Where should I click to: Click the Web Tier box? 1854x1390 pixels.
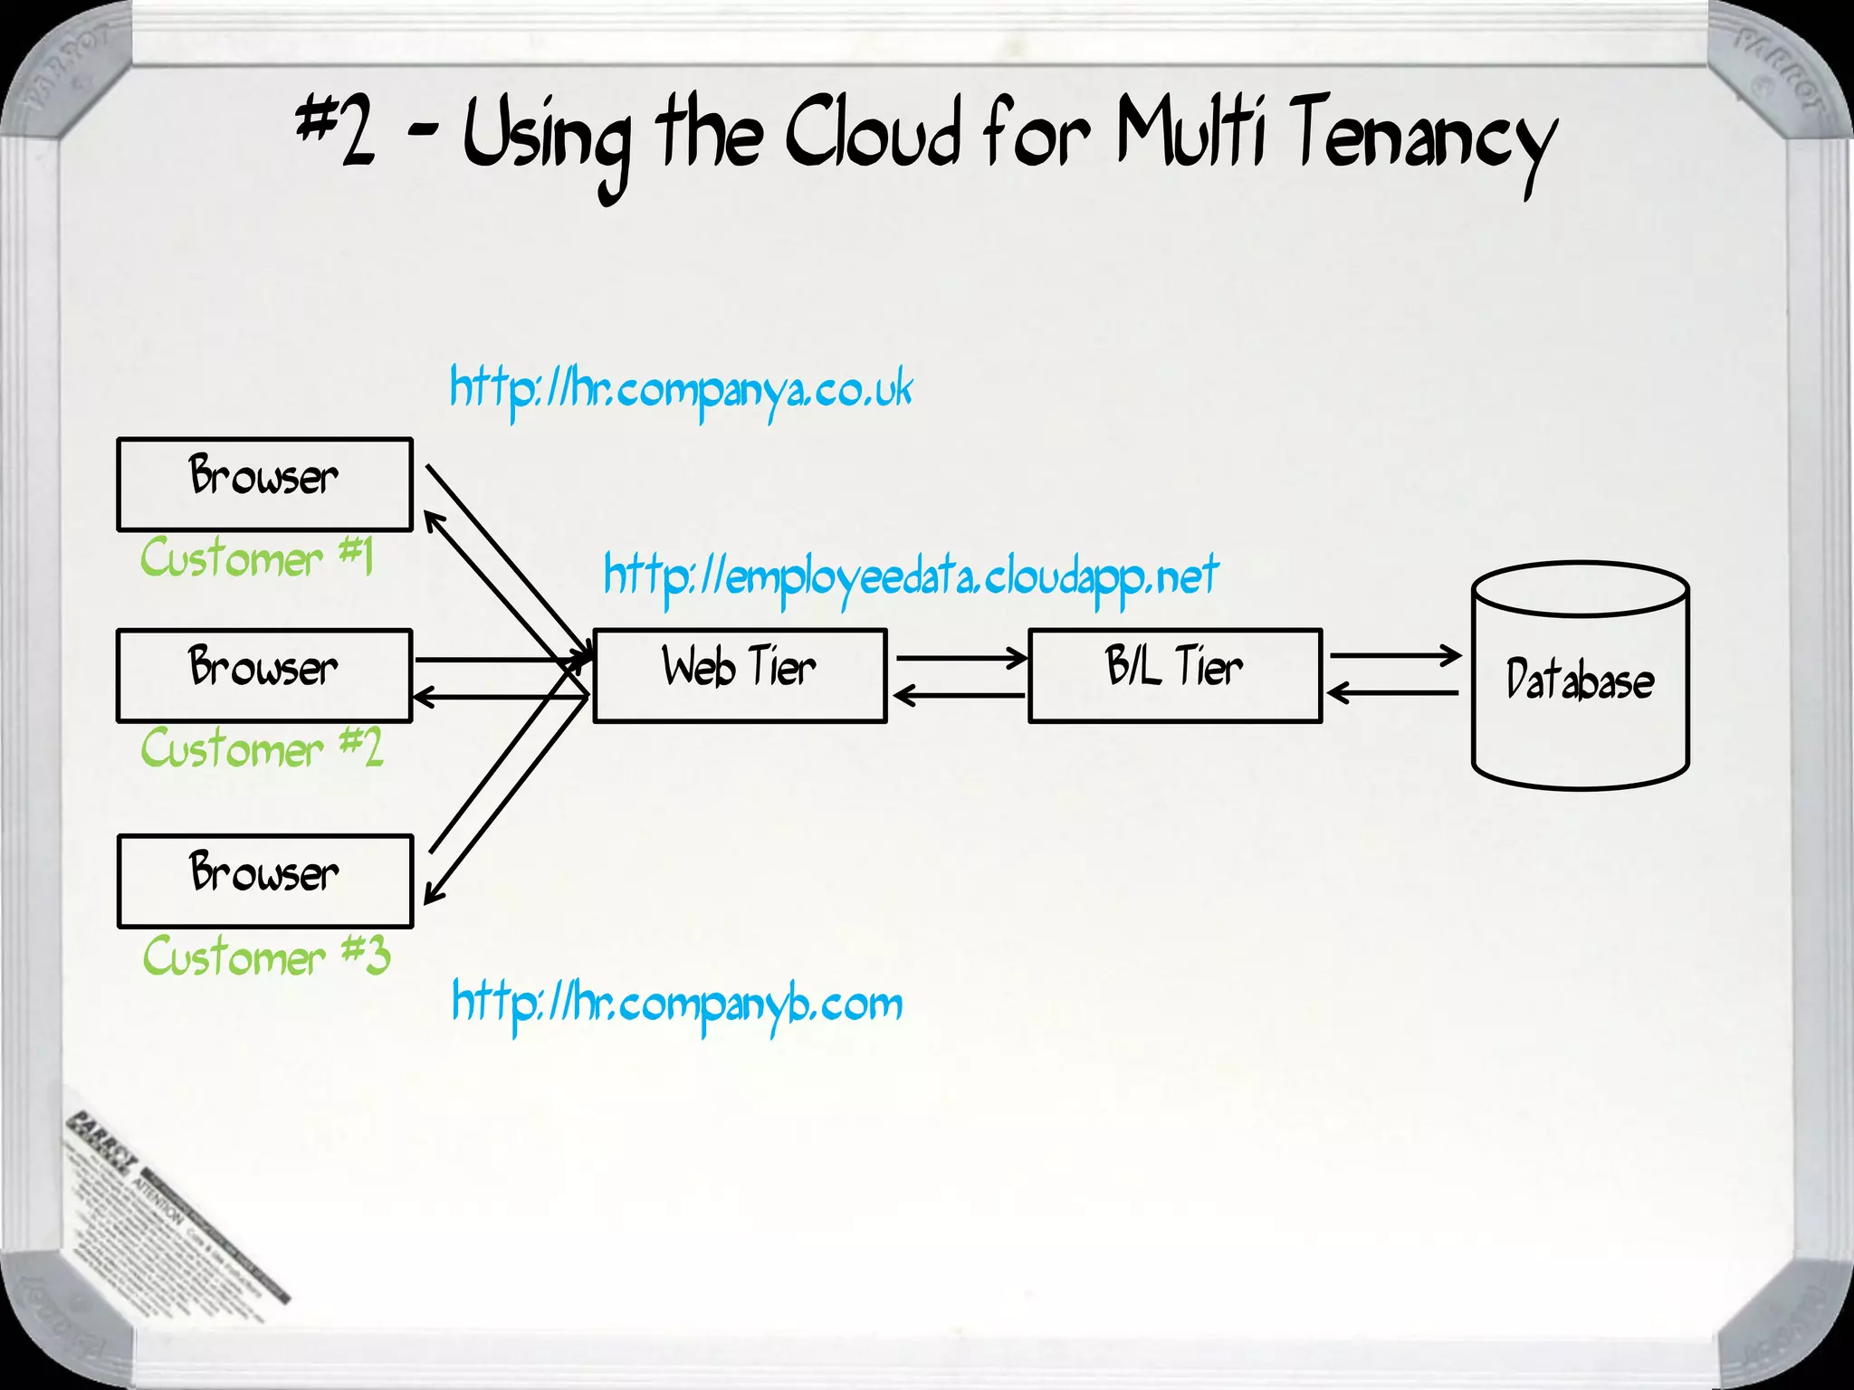[x=740, y=675]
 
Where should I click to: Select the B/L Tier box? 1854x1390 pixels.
[x=1175, y=675]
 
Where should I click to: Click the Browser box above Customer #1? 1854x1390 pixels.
[x=264, y=484]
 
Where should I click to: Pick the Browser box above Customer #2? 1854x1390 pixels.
[x=264, y=675]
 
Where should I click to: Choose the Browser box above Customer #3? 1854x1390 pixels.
[x=264, y=881]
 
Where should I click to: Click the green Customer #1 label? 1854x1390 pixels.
[x=256, y=557]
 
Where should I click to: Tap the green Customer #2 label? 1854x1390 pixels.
[x=262, y=748]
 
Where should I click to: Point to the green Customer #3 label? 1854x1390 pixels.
[x=266, y=957]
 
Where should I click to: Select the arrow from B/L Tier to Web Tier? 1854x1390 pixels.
[x=960, y=695]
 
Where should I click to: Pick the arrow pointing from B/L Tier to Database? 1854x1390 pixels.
[x=1394, y=654]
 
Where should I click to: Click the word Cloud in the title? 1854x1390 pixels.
[x=872, y=136]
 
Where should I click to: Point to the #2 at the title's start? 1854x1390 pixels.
[x=336, y=131]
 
